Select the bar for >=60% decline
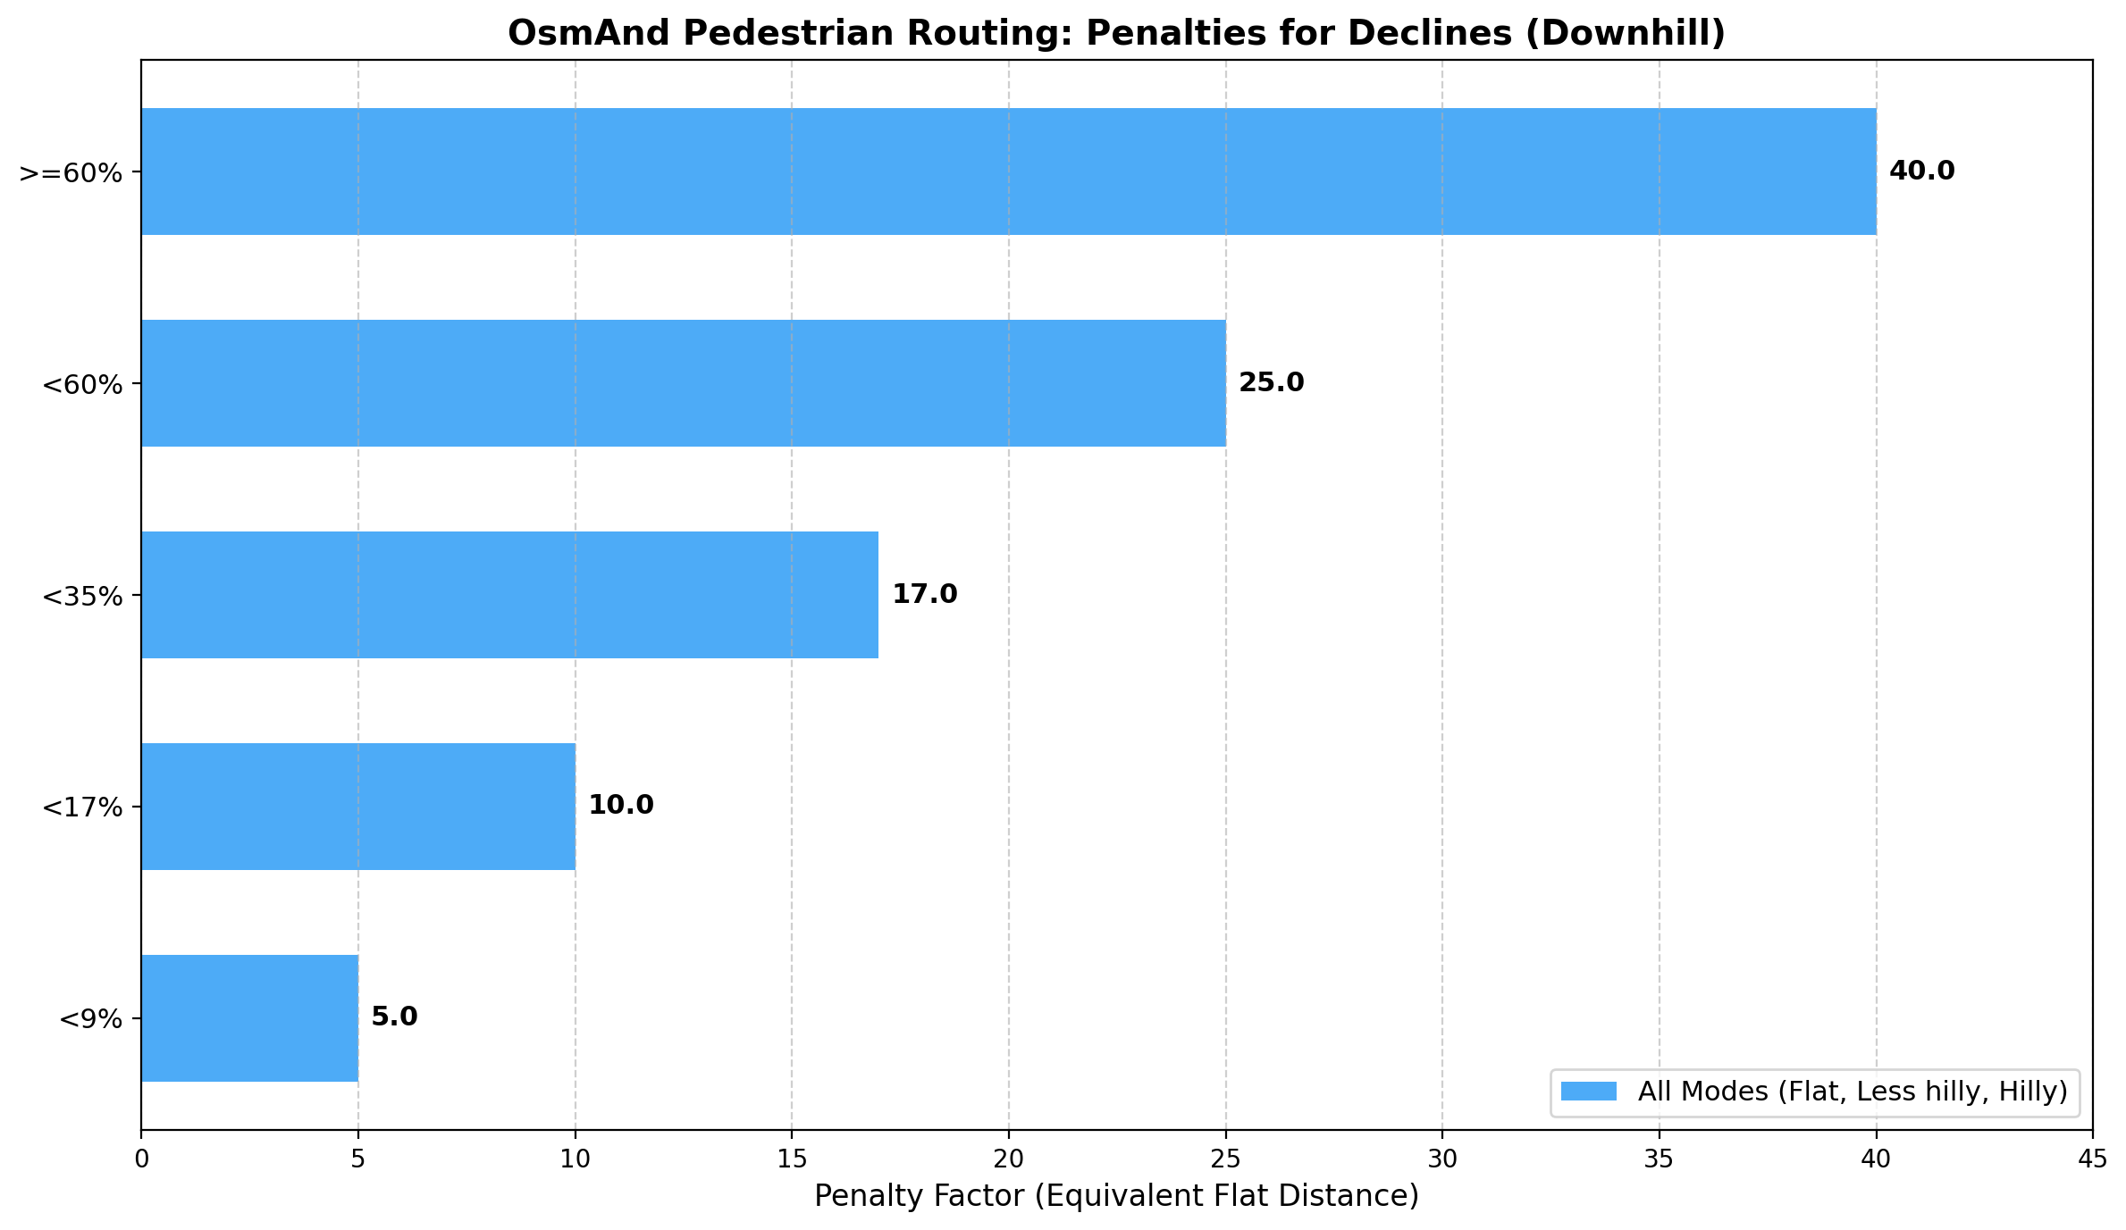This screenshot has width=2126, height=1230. click(1008, 172)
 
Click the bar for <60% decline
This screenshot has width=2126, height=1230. click(684, 383)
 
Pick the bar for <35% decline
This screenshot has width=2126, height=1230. click(509, 595)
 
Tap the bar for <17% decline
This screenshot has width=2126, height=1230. click(357, 807)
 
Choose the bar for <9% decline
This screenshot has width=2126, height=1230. click(249, 1018)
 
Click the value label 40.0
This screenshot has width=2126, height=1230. click(1921, 172)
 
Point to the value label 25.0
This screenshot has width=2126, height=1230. click(1271, 383)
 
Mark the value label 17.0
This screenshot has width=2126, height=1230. click(924, 595)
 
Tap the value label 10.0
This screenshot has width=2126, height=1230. click(620, 806)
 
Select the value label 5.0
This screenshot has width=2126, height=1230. click(394, 1017)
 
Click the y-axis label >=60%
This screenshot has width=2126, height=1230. click(71, 172)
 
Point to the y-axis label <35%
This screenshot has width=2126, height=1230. click(81, 596)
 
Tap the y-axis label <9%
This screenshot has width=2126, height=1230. click(89, 1019)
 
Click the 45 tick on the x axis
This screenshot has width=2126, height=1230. click(2092, 1159)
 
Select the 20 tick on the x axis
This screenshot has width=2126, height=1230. click(1008, 1159)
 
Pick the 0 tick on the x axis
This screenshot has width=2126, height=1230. click(141, 1159)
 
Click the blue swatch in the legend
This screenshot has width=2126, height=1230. click(1588, 1092)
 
